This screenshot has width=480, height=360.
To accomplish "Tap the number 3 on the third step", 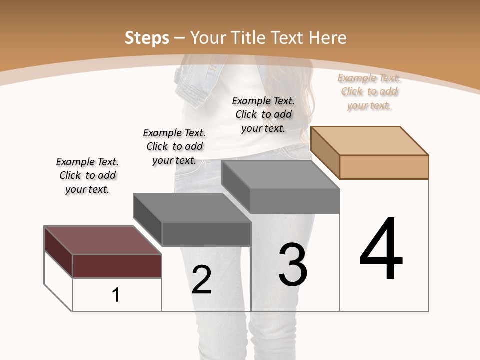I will pyautogui.click(x=293, y=265).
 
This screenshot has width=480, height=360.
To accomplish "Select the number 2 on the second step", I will pyautogui.click(x=201, y=279).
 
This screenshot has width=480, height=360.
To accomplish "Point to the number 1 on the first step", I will pyautogui.click(x=116, y=295).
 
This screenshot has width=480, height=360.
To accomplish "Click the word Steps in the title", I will pyautogui.click(x=147, y=38).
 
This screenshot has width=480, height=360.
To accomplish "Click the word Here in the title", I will pyautogui.click(x=328, y=38).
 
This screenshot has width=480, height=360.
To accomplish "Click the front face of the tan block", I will pyautogui.click(x=384, y=167).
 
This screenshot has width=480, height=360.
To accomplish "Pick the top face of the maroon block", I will pyautogui.click(x=103, y=240).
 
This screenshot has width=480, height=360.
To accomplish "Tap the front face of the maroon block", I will pyautogui.click(x=117, y=266).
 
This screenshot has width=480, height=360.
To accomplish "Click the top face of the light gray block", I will pyautogui.click(x=280, y=174).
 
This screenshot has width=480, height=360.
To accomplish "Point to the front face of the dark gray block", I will pyautogui.click(x=206, y=234).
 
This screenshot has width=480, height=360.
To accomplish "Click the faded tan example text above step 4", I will pyautogui.click(x=369, y=91).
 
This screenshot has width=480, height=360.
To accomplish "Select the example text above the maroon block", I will pyautogui.click(x=87, y=175).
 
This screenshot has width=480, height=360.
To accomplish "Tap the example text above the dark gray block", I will pyautogui.click(x=174, y=146).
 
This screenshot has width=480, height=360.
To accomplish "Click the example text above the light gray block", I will pyautogui.click(x=263, y=114).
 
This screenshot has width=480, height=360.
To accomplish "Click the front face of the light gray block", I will pyautogui.click(x=295, y=201).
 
